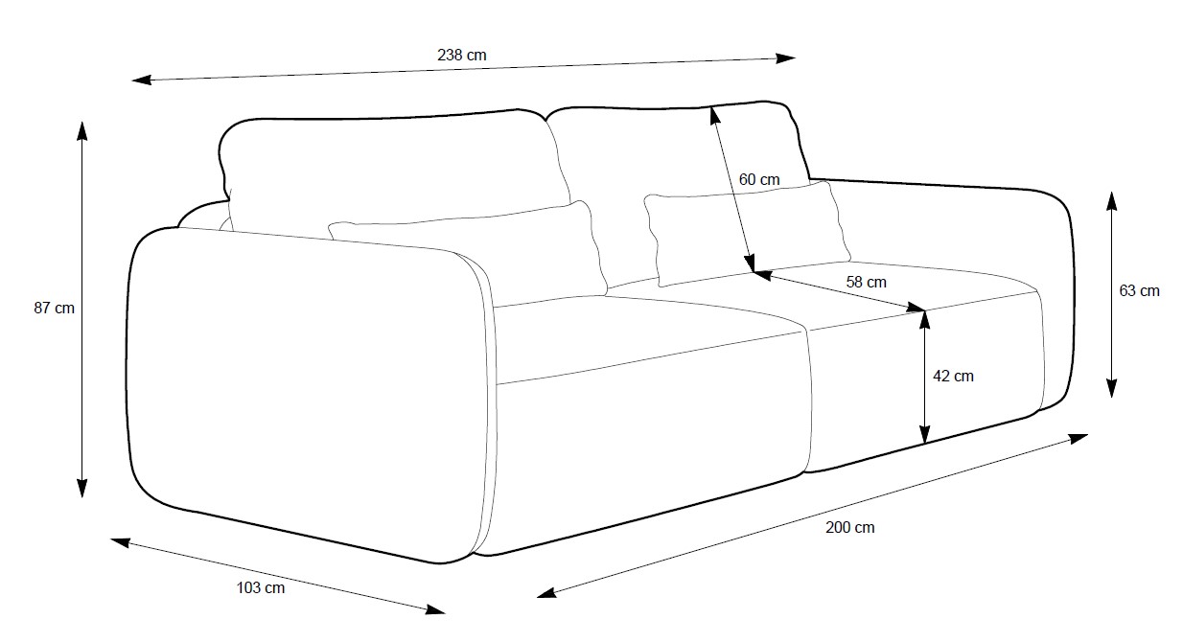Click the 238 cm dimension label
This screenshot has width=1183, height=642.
pyautogui.click(x=461, y=56)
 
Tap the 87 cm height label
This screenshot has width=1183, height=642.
pyautogui.click(x=54, y=309)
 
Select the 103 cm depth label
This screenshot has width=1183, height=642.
pyautogui.click(x=260, y=587)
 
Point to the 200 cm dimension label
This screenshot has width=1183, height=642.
pyautogui.click(x=849, y=527)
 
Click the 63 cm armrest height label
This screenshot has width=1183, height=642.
pyautogui.click(x=1139, y=290)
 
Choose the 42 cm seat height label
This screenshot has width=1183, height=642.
pyautogui.click(x=953, y=376)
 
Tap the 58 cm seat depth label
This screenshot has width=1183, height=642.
pyautogui.click(x=867, y=282)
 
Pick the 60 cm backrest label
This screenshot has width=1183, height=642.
pyautogui.click(x=759, y=179)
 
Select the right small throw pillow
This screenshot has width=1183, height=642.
pyautogui.click(x=743, y=230)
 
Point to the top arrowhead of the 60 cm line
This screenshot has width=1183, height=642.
pyautogui.click(x=713, y=114)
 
